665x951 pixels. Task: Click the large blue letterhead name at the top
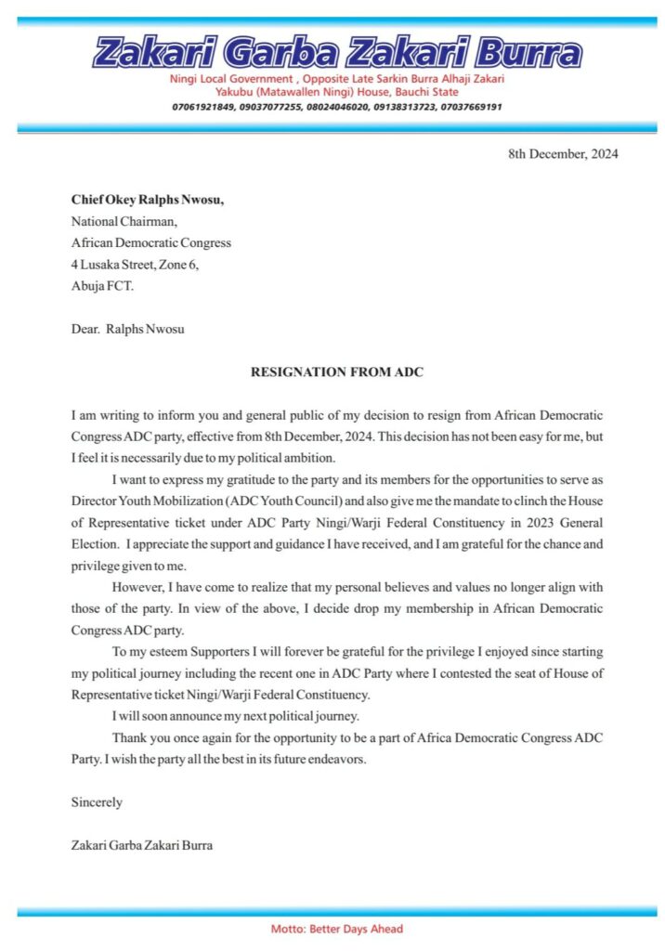337,52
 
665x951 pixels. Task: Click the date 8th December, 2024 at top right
563,154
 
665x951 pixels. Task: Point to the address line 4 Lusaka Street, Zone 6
135,265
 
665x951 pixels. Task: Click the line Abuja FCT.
102,286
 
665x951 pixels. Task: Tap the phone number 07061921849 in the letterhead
204,107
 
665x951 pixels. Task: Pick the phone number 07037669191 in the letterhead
468,107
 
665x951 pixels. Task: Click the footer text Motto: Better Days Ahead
336,929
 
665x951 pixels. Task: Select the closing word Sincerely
97,801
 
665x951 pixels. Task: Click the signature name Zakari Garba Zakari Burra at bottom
142,845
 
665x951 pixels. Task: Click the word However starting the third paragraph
137,586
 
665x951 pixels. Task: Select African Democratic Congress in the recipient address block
151,243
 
